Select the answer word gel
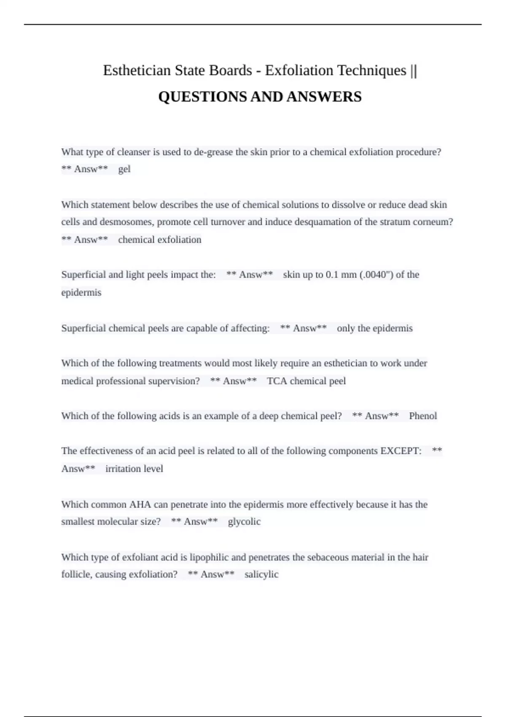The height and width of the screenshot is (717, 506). tap(124, 169)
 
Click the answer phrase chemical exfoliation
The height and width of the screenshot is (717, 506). tap(159, 240)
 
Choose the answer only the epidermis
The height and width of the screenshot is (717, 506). tap(374, 328)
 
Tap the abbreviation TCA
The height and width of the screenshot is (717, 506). tap(277, 381)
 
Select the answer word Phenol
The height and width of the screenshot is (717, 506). tap(423, 416)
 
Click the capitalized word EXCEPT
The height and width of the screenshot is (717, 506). tap(401, 451)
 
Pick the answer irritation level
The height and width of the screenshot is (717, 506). tap(134, 469)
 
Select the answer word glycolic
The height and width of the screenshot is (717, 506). tap(244, 522)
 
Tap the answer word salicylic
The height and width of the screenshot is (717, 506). tap(261, 574)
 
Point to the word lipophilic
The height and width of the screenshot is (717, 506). tap(209, 557)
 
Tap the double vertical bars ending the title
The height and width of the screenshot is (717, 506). tap(413, 70)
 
